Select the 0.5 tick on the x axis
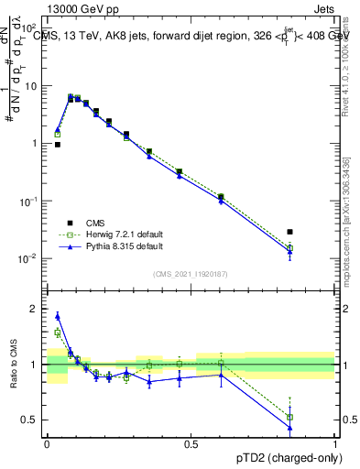pos(191,444)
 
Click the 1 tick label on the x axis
pos(335,444)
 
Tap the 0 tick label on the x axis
pos(47,444)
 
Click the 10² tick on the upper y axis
pos(33,28)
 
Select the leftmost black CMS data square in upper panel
pos(58,145)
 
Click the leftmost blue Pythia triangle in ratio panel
pos(58,316)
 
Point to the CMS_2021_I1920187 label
pos(191,273)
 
